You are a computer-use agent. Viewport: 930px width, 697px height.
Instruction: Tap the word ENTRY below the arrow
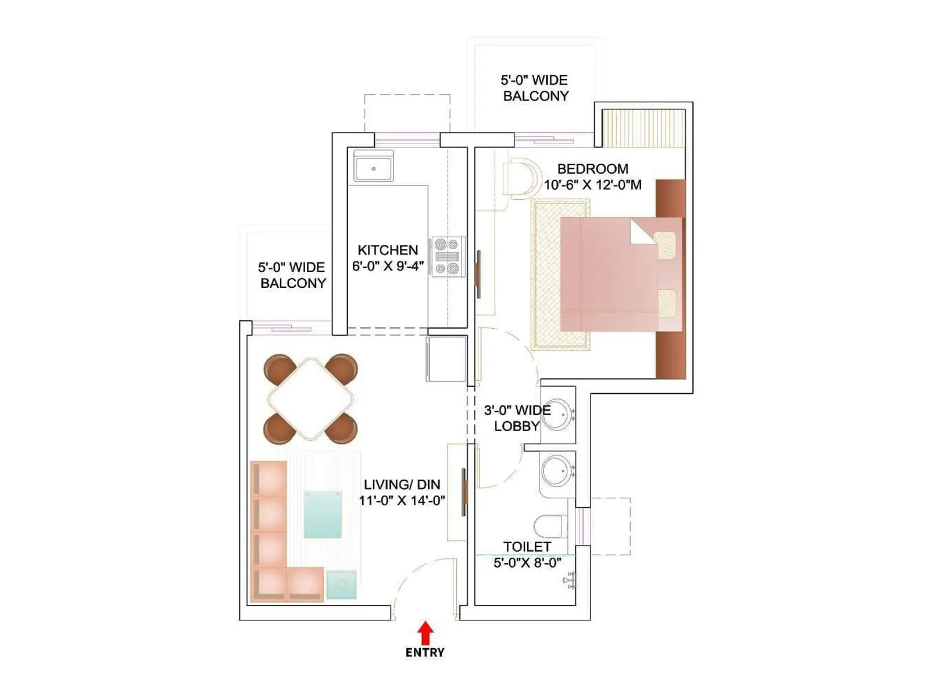point(425,653)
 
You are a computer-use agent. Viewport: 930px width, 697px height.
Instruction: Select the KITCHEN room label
point(388,250)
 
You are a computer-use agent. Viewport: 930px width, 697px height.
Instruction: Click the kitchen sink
point(373,167)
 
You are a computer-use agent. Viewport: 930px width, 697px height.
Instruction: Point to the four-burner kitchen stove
point(448,256)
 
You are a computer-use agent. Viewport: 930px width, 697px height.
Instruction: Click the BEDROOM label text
point(592,169)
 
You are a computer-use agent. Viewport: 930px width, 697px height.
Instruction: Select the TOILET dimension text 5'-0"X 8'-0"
point(527,563)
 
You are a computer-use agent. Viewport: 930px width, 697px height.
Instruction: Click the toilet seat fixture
point(549,526)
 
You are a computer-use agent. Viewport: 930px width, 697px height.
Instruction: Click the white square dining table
point(310,399)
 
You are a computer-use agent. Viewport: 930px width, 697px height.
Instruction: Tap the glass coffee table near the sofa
point(323,514)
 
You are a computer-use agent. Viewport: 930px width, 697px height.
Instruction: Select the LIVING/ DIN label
point(402,484)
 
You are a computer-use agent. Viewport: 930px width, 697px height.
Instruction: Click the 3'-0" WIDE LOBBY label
point(517,418)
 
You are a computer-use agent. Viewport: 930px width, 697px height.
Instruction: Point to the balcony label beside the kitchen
point(292,275)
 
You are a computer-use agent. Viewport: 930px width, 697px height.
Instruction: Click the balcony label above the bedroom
point(535,88)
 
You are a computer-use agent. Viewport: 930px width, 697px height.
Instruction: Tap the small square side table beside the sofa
point(341,584)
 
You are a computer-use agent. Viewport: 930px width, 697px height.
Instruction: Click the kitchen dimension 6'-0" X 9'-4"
point(388,267)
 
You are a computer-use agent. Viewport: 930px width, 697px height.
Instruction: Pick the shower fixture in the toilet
point(570,580)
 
